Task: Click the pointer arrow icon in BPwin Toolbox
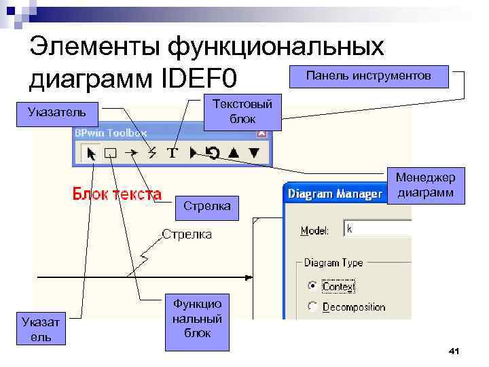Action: click(89, 153)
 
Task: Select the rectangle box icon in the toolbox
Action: click(110, 153)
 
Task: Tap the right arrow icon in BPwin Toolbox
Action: click(132, 153)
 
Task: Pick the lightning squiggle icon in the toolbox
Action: click(152, 153)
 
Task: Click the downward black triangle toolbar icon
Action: click(254, 153)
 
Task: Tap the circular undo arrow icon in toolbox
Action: click(213, 153)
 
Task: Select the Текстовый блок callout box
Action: click(242, 111)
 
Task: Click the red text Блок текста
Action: click(117, 194)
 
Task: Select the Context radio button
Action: click(312, 285)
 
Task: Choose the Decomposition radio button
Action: click(312, 307)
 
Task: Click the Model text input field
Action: click(377, 229)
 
